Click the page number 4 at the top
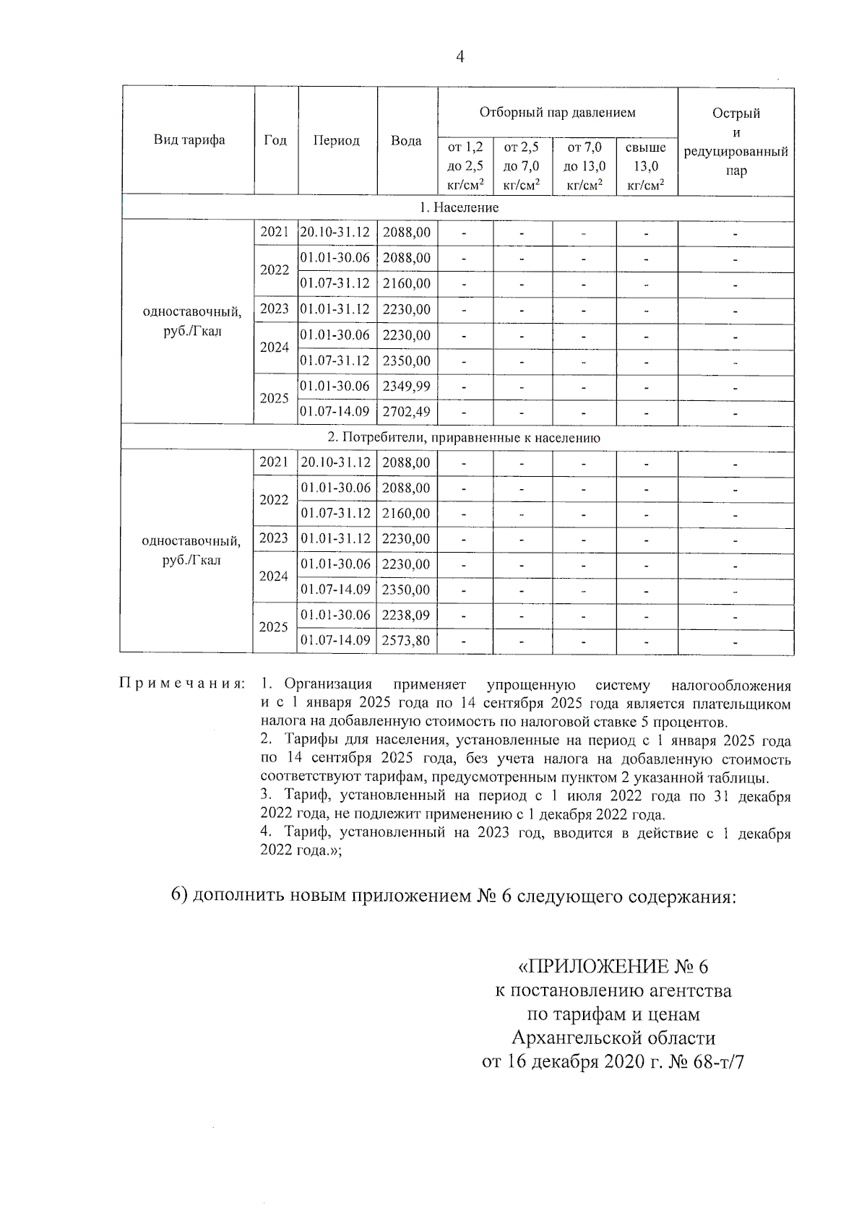click(460, 58)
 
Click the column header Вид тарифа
click(189, 140)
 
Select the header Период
click(336, 141)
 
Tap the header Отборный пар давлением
click(557, 112)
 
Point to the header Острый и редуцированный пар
click(736, 142)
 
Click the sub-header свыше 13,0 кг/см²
click(646, 166)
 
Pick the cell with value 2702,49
click(407, 412)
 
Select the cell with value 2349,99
click(407, 387)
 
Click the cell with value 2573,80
click(406, 641)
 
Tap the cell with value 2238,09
click(406, 616)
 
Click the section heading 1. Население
click(459, 207)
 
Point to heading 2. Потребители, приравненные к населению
click(463, 438)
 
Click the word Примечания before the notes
click(181, 684)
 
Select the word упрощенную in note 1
click(531, 684)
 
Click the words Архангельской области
click(613, 1038)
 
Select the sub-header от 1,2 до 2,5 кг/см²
click(465, 166)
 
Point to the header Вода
click(406, 141)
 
